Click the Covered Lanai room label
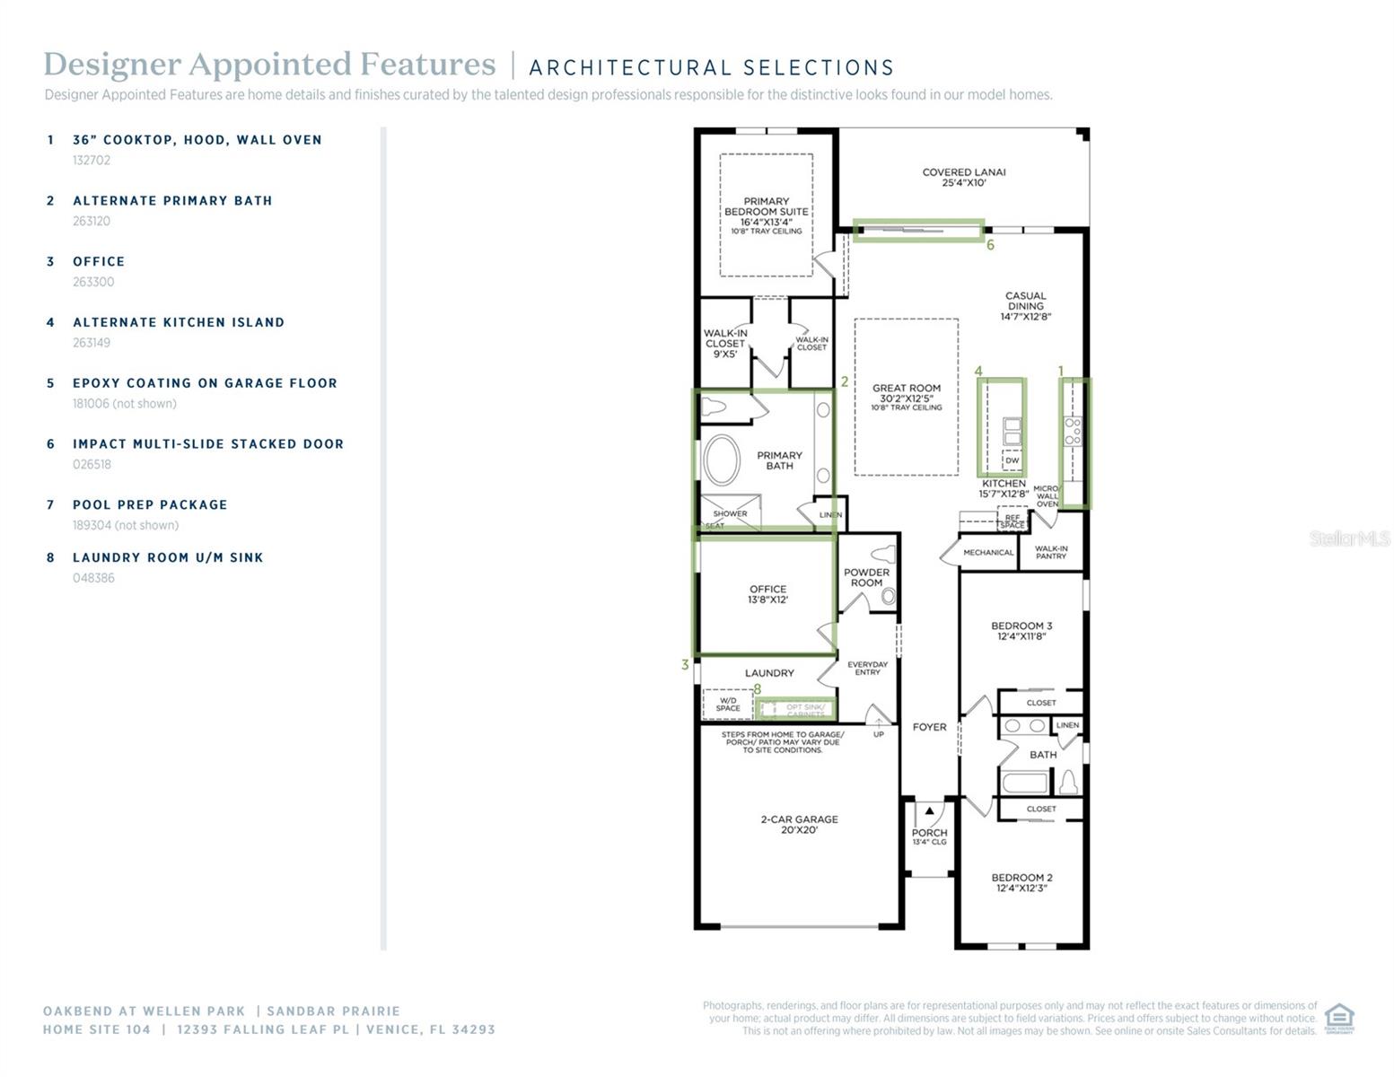tap(963, 177)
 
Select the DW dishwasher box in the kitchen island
tap(1012, 460)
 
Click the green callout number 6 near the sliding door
tap(990, 245)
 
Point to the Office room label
tap(767, 594)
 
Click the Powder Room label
tap(866, 577)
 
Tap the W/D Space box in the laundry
tap(727, 705)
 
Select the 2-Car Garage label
tap(799, 824)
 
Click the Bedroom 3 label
tap(1021, 631)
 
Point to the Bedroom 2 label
tap(1021, 882)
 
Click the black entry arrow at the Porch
tap(930, 811)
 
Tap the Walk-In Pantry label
tap(1051, 552)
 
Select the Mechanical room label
tap(987, 553)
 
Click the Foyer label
tap(929, 727)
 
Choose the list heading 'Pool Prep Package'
tap(150, 505)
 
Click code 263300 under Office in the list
tap(93, 282)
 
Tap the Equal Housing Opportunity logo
tap(1339, 1019)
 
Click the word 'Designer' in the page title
tap(110, 65)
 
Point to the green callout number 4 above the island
tap(978, 371)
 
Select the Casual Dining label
tap(1025, 306)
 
